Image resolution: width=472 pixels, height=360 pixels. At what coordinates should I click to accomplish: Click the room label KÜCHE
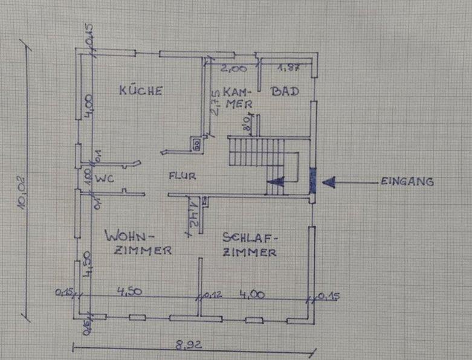140,91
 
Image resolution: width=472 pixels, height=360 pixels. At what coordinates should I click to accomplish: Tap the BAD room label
285,91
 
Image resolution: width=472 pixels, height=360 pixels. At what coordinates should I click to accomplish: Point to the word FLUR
181,177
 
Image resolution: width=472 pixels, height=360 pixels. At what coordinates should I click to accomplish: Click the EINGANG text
407,181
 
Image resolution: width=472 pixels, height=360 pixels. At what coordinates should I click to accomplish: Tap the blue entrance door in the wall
312,180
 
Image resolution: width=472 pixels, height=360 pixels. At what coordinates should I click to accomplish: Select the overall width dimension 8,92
188,347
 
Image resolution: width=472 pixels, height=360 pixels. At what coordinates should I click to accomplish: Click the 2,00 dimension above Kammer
233,68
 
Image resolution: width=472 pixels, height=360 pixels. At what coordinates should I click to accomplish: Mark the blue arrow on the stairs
276,180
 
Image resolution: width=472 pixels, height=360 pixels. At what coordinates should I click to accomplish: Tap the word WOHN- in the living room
129,234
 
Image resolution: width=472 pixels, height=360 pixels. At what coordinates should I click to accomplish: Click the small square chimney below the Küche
197,144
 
